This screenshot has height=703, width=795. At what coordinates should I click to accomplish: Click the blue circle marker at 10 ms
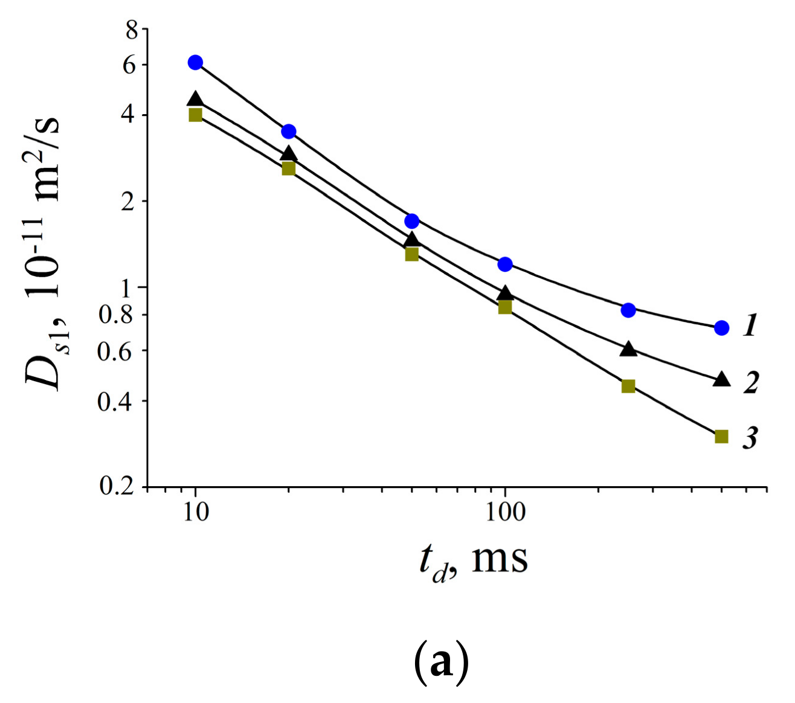pos(195,62)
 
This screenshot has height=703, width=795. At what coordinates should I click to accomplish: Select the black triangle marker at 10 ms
pos(195,99)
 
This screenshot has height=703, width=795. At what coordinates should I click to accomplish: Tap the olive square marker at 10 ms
pos(195,115)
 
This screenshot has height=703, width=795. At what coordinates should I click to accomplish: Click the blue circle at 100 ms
pos(505,264)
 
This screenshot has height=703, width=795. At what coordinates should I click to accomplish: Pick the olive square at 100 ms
pos(505,307)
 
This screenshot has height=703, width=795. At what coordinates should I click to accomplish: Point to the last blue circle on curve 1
pos(721,328)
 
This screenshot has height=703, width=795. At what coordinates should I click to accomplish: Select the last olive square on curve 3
pos(721,436)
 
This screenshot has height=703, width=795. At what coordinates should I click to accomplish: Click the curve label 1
pos(750,326)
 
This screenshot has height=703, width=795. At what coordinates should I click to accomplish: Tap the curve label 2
pos(751,382)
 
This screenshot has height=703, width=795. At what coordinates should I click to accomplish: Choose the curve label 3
pos(750,438)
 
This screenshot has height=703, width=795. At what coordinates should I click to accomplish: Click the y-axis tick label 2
pos(128,202)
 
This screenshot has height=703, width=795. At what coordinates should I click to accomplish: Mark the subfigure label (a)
pos(442,662)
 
